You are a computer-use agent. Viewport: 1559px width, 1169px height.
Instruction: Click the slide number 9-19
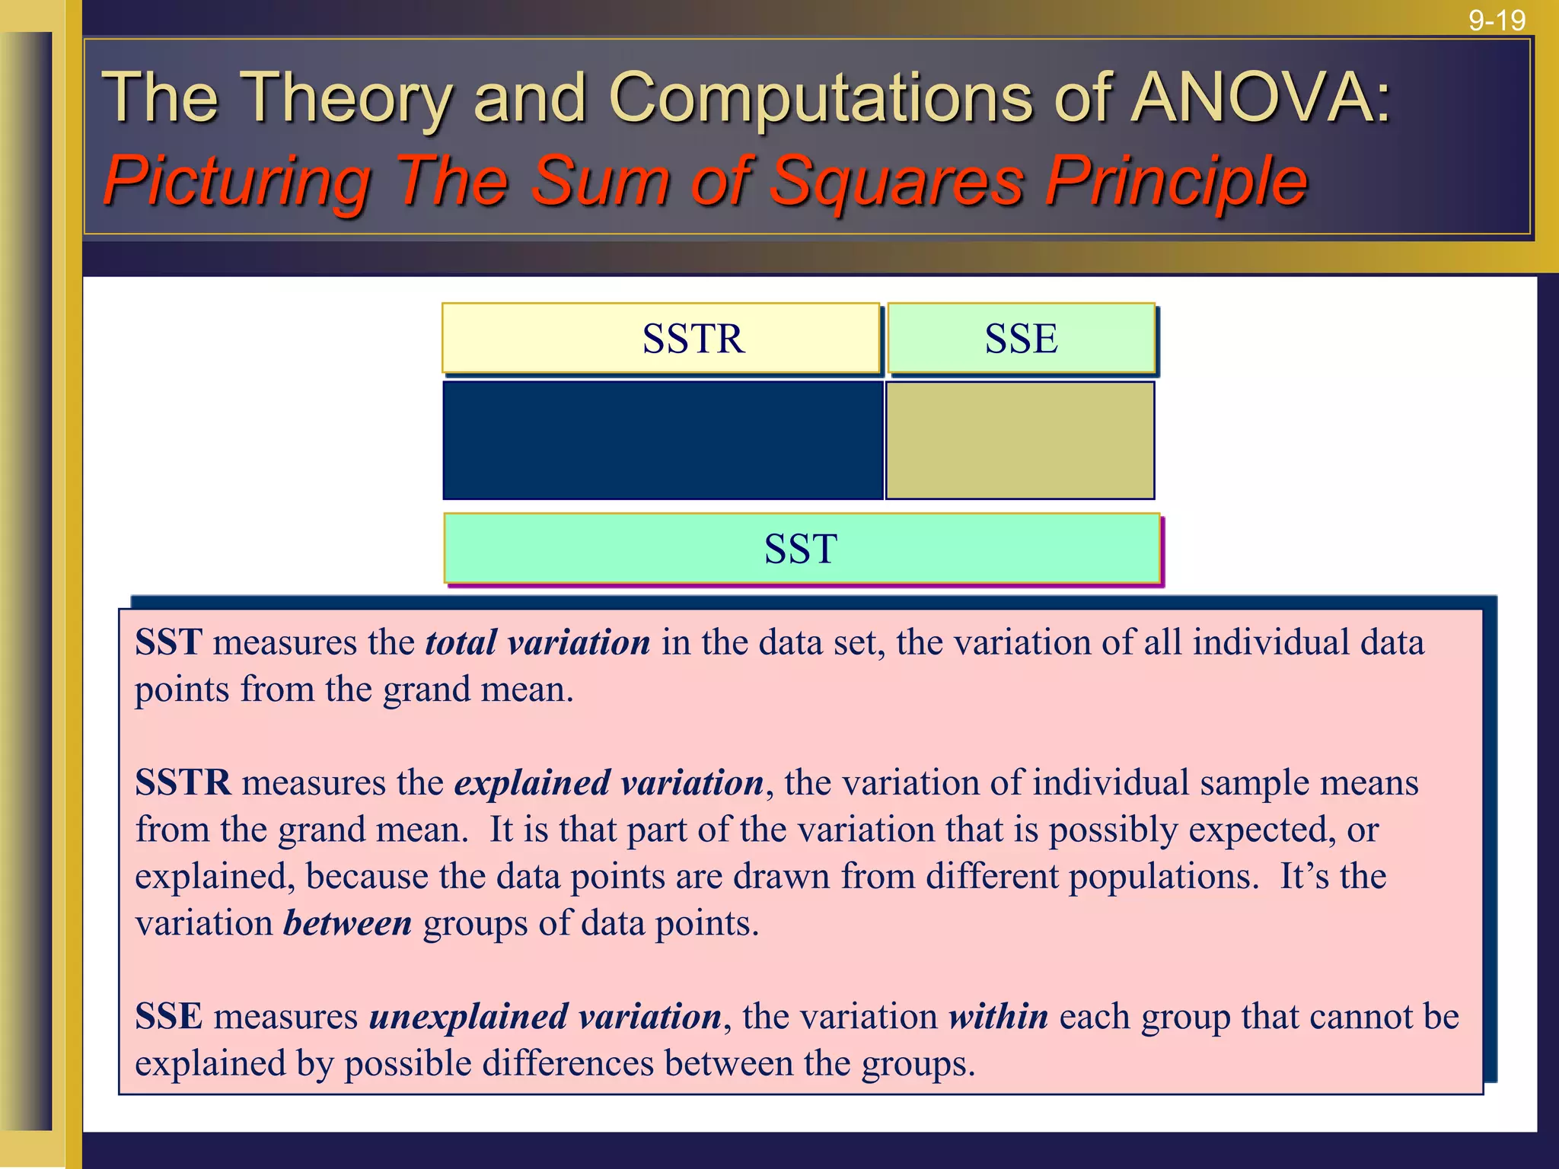coord(1497,21)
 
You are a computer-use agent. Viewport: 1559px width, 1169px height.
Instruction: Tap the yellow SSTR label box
coord(661,338)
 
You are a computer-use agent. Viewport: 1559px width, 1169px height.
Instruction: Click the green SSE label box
coord(1021,338)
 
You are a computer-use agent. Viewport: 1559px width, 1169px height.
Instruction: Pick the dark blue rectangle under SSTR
coord(662,440)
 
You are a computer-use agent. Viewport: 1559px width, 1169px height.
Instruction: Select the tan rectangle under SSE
coord(1020,440)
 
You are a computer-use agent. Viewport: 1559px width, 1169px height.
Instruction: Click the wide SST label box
coord(802,548)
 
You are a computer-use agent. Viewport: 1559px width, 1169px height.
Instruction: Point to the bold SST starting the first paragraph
coord(168,642)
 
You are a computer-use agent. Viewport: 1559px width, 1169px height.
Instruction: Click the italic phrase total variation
coord(537,642)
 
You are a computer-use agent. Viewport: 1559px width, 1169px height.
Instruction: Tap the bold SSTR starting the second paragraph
coord(183,782)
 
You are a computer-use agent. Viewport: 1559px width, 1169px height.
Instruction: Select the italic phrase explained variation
coord(609,782)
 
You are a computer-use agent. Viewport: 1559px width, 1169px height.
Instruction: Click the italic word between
coord(348,923)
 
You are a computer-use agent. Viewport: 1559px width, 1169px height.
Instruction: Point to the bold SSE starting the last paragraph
coord(168,1016)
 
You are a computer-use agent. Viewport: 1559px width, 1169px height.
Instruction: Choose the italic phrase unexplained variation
coord(545,1016)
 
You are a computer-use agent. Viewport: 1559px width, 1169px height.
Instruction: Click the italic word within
coord(998,1016)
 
